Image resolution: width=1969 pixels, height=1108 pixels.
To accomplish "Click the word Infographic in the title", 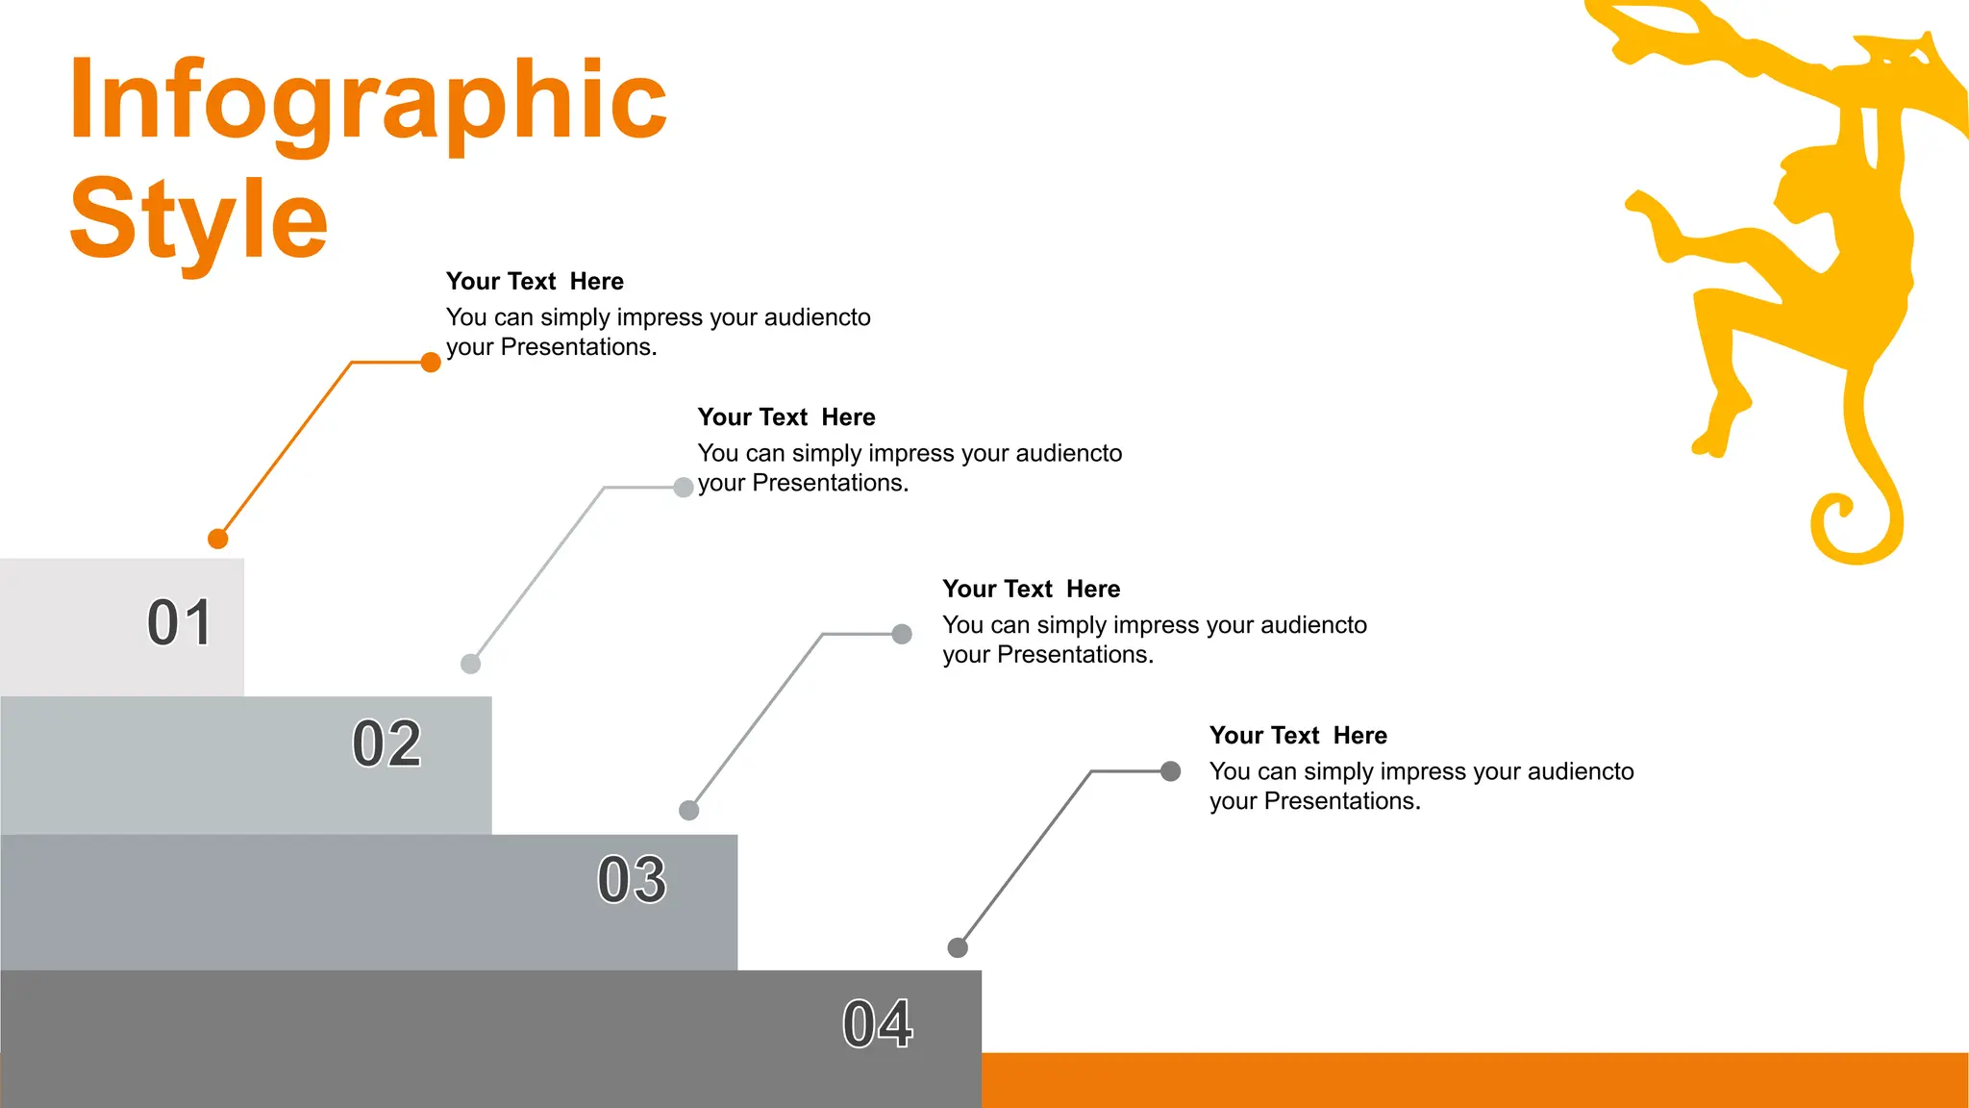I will [x=367, y=101].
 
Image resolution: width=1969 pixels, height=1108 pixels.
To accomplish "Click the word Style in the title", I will [x=199, y=221].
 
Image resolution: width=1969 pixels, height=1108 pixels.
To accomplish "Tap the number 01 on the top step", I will [x=179, y=622].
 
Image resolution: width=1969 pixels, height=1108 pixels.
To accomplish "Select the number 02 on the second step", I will [x=386, y=743].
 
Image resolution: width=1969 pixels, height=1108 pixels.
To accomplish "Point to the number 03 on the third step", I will [x=632, y=879].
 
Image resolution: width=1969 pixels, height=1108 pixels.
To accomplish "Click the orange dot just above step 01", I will [x=218, y=539].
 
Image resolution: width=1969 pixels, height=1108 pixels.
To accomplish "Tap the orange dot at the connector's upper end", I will [x=431, y=363].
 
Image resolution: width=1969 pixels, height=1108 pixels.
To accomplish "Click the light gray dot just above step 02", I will [x=470, y=664].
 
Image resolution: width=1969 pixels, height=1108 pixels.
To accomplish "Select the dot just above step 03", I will [x=689, y=810].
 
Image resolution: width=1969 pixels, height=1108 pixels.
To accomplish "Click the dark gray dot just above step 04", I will [x=958, y=947].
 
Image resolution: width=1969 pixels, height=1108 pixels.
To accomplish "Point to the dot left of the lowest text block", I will [x=1170, y=771].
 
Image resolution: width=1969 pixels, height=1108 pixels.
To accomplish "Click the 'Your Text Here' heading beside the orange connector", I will [x=535, y=282].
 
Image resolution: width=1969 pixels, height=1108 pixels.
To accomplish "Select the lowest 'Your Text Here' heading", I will [x=1298, y=736].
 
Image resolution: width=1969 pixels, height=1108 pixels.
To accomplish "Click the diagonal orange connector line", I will [x=287, y=450].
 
